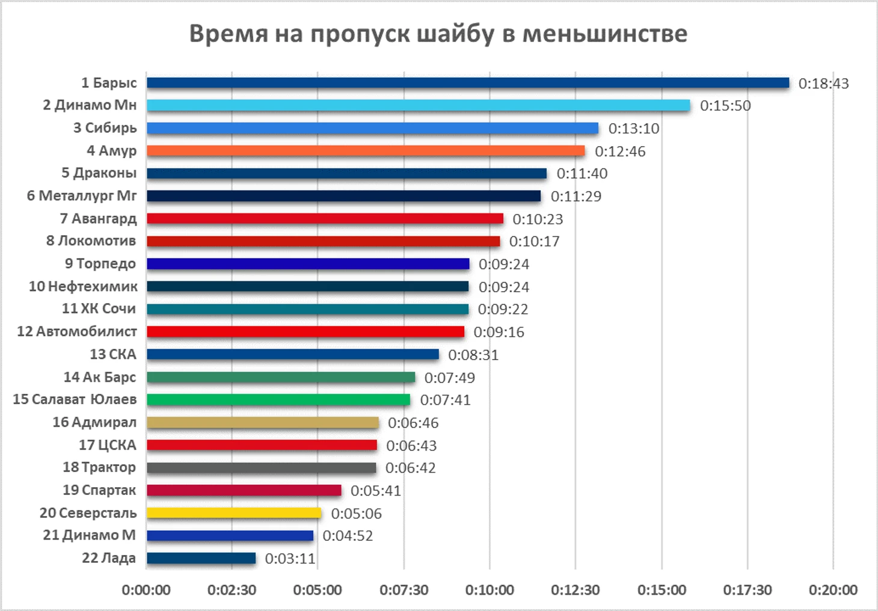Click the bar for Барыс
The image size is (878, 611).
(468, 83)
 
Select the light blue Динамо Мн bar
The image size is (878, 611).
(419, 105)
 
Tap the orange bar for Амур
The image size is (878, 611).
(366, 151)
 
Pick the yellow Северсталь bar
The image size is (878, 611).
(234, 513)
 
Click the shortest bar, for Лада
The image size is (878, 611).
(201, 559)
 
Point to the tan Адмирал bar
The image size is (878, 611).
(263, 423)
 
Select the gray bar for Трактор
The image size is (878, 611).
(262, 468)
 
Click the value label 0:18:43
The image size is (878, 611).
(823, 84)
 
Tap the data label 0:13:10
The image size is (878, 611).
(634, 129)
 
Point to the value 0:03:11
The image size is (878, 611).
(290, 559)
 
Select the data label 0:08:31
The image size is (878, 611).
(473, 355)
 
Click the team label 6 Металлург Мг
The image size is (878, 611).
(82, 196)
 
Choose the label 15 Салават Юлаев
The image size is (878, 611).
(75, 399)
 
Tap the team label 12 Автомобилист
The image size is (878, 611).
(77, 331)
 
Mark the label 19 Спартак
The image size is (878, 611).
(99, 490)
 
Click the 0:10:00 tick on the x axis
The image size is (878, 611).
(490, 590)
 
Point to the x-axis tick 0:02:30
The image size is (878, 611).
(232, 590)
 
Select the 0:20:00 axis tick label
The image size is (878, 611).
(833, 590)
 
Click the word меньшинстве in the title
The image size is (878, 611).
(604, 34)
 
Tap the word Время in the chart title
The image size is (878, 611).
(228, 34)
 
